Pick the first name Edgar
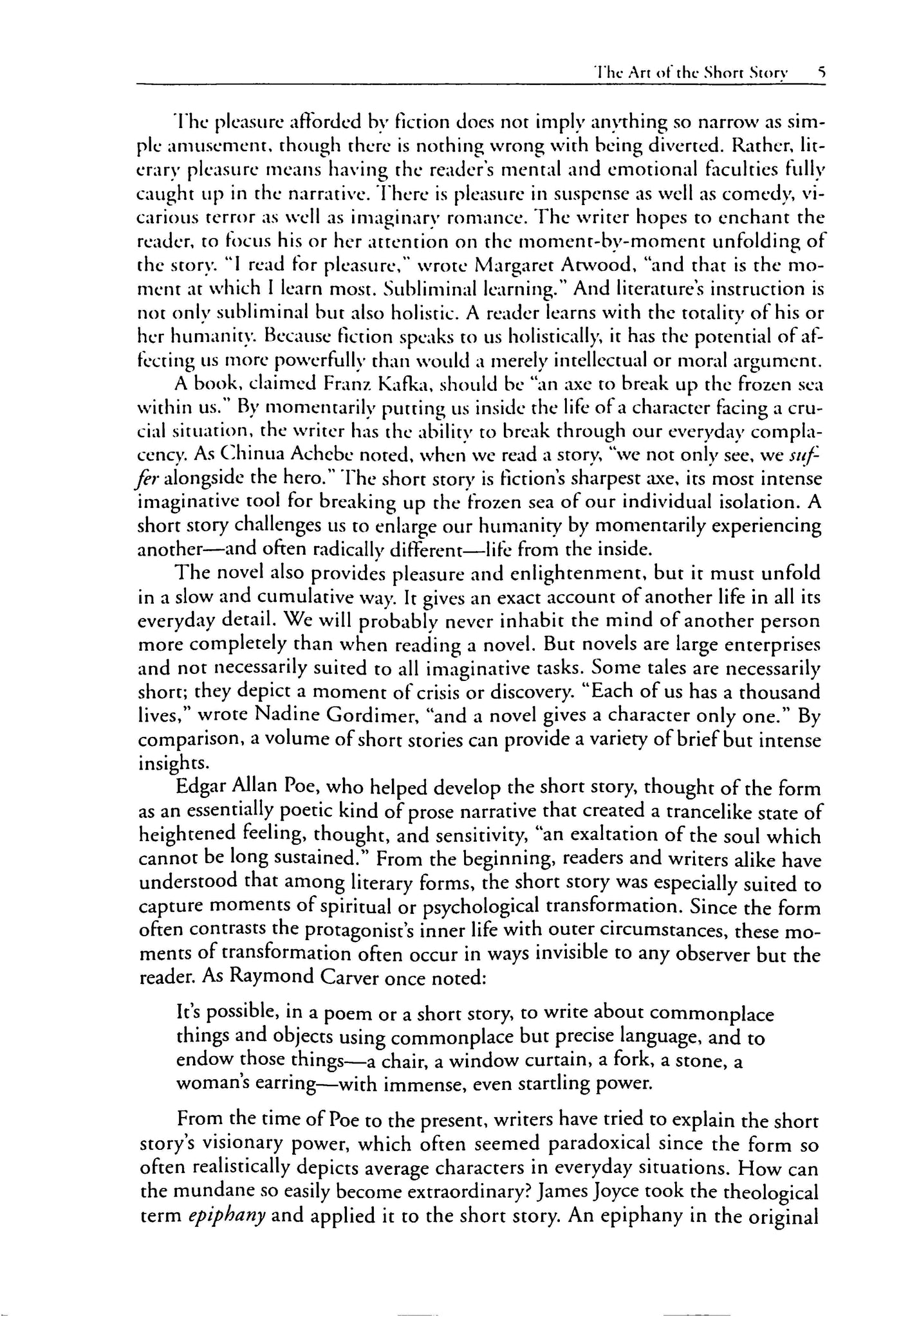201,788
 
